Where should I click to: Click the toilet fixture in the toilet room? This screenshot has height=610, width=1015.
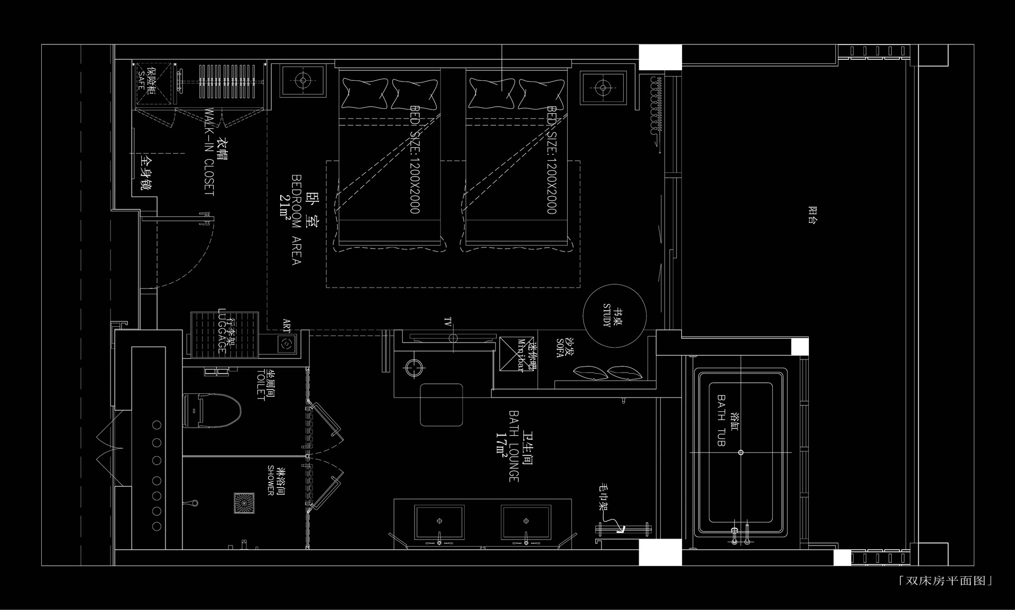[x=211, y=410]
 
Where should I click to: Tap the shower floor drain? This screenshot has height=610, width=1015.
[x=244, y=503]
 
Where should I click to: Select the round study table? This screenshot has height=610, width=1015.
[x=614, y=316]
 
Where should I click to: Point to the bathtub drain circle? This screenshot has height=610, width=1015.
[x=741, y=452]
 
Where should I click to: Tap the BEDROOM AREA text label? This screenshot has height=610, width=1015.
[x=297, y=219]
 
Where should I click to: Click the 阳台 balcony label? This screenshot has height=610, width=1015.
[x=813, y=215]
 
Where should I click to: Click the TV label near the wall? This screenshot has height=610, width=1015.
[x=448, y=322]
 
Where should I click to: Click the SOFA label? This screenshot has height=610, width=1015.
[x=560, y=349]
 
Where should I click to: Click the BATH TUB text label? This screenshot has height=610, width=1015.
[x=721, y=420]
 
